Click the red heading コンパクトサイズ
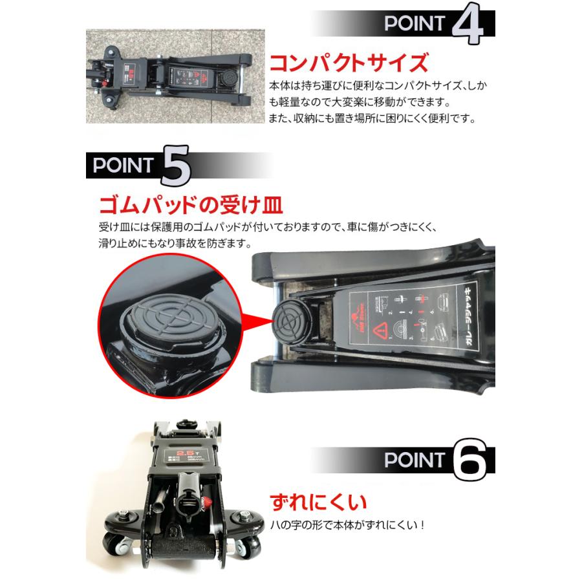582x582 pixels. coord(349,63)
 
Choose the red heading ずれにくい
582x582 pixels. coord(318,501)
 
